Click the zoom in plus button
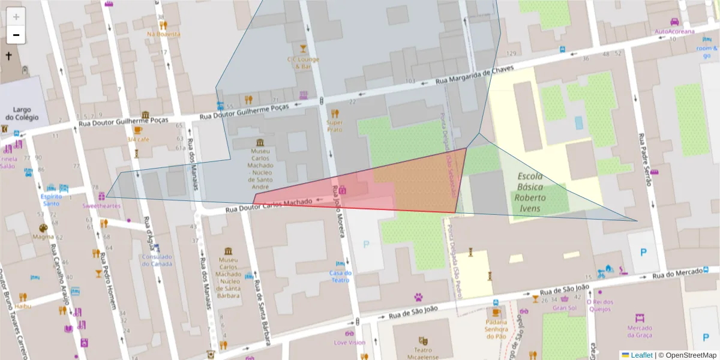coord(16,17)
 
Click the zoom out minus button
coord(16,35)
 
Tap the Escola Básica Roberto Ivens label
coord(530,193)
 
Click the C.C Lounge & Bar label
coord(303,62)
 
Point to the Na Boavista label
coord(163,34)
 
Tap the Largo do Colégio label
coord(22,114)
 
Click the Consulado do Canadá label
coord(157,260)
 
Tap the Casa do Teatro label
coord(340,276)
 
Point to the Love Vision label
coord(349,343)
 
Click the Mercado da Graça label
coord(639,332)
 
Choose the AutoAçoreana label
coord(674,31)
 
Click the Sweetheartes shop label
coord(101,206)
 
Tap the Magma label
coord(43,236)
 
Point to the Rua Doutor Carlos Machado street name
coord(268,206)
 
